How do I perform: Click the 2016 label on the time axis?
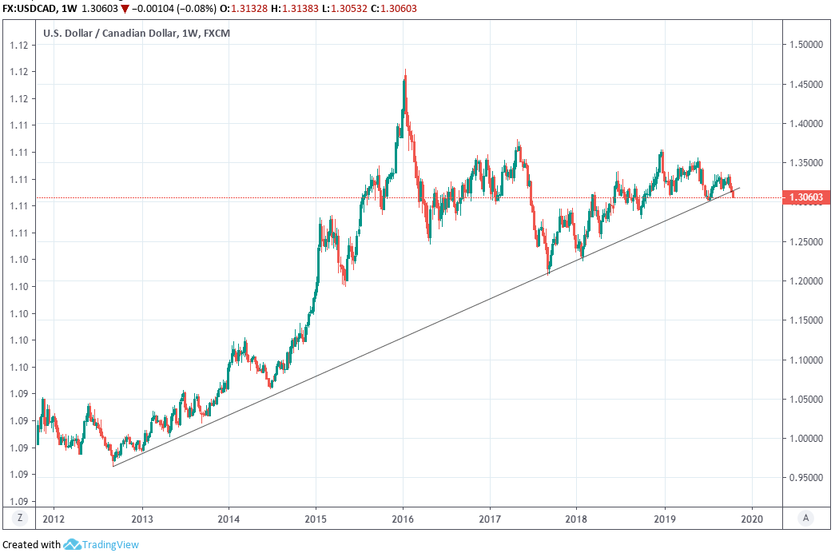(x=403, y=517)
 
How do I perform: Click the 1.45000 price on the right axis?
(x=808, y=85)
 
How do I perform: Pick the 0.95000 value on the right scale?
(x=808, y=478)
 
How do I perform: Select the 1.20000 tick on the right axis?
(x=808, y=281)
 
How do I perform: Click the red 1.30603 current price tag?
(x=807, y=197)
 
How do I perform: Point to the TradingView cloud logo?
(x=72, y=545)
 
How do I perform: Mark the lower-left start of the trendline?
(x=113, y=466)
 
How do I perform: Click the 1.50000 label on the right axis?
(x=808, y=46)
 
